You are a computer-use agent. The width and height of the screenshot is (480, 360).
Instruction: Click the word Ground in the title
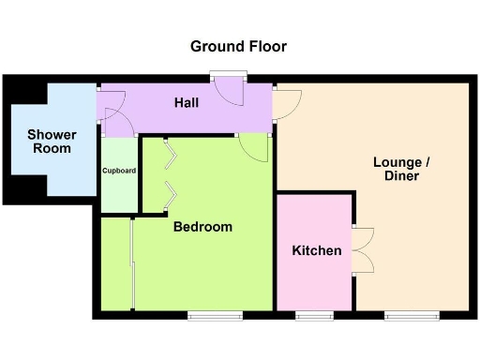[x=215, y=46]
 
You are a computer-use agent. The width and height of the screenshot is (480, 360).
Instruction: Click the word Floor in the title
[x=265, y=46]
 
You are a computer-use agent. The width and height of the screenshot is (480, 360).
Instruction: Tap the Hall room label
[x=186, y=102]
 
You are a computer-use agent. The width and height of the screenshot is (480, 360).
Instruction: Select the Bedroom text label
[x=202, y=227]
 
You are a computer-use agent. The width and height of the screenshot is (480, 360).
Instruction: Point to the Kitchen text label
[x=316, y=250]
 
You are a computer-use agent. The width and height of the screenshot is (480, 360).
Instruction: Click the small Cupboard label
[x=119, y=171]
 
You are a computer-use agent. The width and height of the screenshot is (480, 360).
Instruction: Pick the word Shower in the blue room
[x=52, y=135]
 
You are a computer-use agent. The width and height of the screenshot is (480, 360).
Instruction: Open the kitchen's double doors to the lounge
[x=363, y=250]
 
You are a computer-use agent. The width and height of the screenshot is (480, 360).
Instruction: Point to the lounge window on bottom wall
[x=403, y=315]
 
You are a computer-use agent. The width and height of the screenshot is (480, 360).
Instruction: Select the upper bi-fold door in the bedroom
[x=170, y=155]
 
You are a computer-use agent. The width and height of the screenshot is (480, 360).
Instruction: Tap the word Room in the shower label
[x=52, y=148]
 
